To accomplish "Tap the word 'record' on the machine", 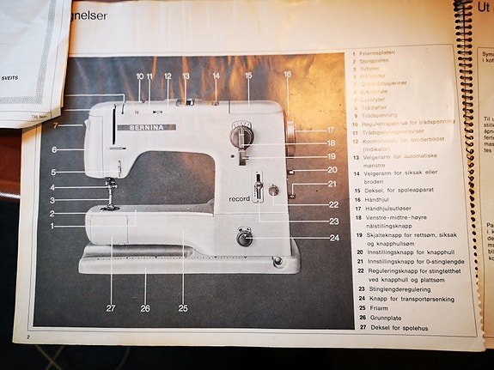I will pos(239,198).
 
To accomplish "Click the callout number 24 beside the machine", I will pos(334,238).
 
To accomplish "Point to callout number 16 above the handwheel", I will pos(287,75).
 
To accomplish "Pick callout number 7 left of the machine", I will pos(55,126).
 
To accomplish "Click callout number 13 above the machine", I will pos(185,76).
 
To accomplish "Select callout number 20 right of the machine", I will pos(332,169).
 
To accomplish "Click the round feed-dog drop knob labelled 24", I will pos(245,239).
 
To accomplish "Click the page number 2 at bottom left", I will pos(27,339).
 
